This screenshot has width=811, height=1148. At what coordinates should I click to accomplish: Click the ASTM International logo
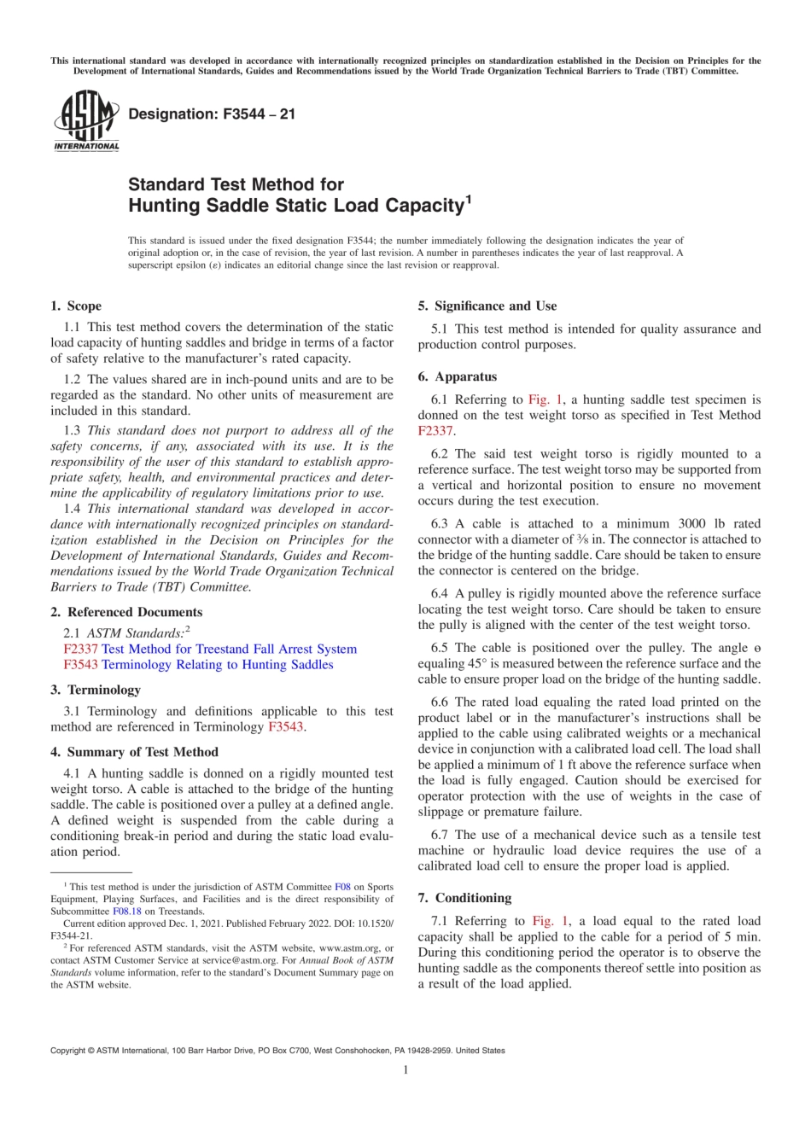point(86,122)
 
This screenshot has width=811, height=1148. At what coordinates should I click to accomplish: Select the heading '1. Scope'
point(76,306)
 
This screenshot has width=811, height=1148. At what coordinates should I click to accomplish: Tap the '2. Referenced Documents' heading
point(126,612)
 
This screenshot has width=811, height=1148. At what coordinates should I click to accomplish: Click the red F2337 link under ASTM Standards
point(80,649)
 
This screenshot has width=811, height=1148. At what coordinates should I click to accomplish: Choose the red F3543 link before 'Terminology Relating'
point(80,664)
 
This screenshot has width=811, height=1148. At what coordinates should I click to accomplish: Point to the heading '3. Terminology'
point(96,689)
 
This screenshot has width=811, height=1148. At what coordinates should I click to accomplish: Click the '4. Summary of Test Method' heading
point(134,751)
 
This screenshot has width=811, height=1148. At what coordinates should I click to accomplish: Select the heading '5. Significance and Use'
point(487,306)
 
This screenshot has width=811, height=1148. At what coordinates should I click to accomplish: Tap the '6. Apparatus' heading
point(457,376)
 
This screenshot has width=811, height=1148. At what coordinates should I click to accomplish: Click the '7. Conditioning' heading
point(464,898)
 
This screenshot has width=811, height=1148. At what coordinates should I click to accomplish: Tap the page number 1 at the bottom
point(405,1069)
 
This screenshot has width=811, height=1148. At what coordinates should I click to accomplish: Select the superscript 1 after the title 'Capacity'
point(468,201)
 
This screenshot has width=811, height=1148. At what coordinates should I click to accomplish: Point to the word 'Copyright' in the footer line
point(67,1051)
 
